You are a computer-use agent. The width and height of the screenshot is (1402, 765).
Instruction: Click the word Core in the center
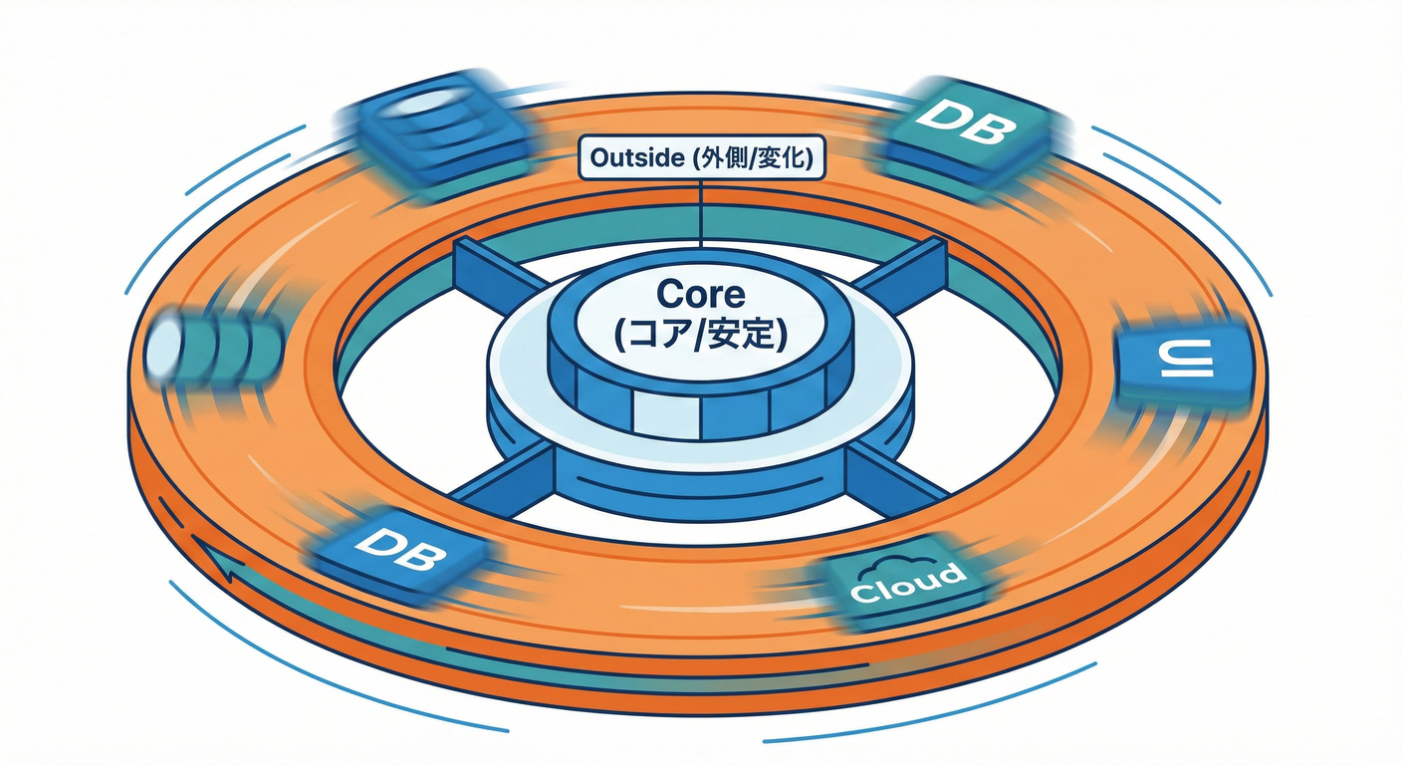[x=700, y=295]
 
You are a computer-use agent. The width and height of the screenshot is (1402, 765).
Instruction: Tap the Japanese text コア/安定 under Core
[x=701, y=336]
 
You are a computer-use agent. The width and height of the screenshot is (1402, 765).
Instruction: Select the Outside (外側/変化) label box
[x=701, y=158]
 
